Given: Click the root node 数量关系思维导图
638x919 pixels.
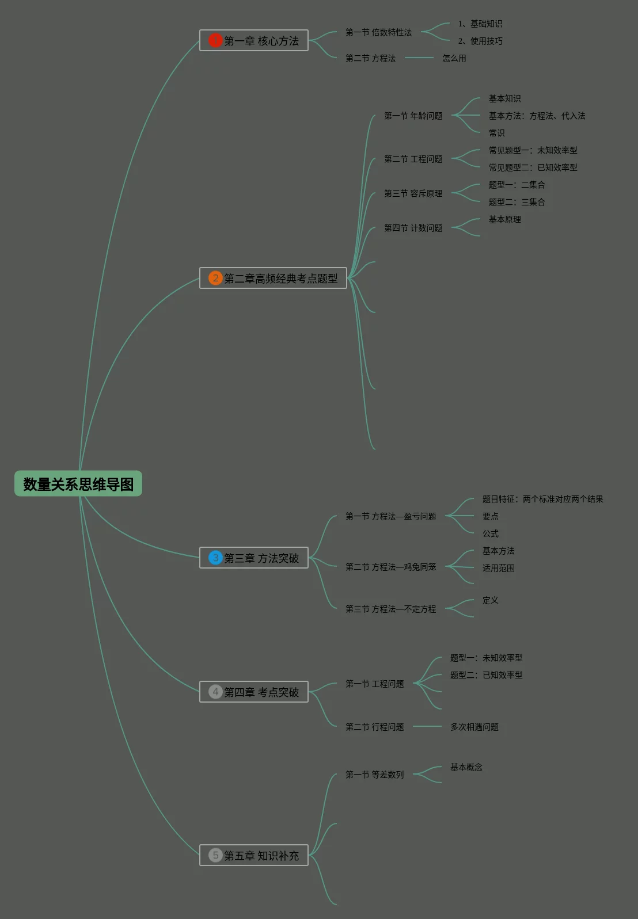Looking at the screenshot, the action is point(78,484).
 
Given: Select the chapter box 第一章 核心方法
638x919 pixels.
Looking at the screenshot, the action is point(254,40).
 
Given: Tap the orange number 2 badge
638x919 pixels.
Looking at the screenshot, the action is point(215,278).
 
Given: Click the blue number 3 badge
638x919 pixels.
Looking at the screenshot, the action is point(215,558).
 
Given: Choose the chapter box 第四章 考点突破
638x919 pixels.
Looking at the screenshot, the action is point(254,692).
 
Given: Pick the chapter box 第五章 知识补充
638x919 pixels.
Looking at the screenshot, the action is point(254,855).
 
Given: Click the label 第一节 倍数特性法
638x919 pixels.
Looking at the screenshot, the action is point(378,32).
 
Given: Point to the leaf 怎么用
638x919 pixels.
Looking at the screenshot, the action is point(454,58).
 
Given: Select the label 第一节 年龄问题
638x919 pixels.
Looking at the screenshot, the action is point(413,116).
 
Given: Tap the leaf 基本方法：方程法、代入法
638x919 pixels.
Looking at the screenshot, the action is point(537,116).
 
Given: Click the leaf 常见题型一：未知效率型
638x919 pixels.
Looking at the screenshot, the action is point(533,150).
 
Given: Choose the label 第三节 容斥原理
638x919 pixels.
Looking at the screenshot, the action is point(413,193).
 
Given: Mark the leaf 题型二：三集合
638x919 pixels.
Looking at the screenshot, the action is point(517,202).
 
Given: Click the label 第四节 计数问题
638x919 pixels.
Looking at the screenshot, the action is point(413,228).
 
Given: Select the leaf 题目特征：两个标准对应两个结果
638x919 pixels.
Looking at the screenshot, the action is point(542,499).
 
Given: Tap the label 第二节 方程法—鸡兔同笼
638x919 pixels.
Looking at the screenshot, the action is point(390,567).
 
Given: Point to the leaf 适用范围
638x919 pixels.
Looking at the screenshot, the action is point(498,568).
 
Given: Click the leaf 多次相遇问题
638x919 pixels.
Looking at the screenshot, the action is point(474,727).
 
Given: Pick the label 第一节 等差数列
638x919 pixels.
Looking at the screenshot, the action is point(374,775).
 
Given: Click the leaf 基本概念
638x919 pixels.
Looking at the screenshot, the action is point(466,767).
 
